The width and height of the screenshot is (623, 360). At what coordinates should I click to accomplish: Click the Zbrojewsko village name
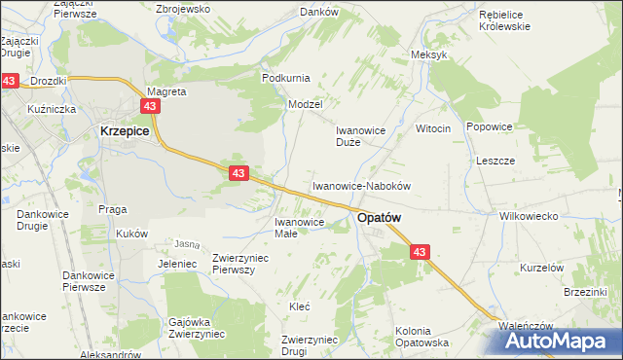183,8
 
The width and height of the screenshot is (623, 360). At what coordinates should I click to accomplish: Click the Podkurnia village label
285,77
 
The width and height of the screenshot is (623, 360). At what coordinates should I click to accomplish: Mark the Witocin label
433,128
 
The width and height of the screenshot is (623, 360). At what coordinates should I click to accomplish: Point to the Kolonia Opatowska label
421,337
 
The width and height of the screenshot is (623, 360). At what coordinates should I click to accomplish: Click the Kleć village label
300,306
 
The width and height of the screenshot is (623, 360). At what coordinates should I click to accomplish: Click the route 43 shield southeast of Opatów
419,252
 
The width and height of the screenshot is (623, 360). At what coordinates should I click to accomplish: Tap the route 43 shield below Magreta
150,106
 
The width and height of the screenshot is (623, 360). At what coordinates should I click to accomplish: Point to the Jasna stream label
186,243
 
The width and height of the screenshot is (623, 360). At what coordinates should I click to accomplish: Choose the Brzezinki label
585,291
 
